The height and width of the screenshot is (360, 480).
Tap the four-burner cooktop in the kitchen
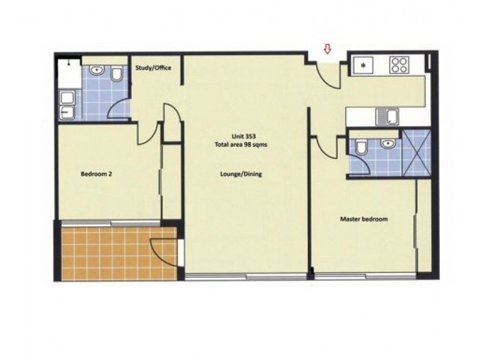399,65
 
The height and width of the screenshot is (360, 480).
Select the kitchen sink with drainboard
387,116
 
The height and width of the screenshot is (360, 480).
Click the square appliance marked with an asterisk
364,64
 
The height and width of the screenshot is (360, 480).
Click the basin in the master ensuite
388,144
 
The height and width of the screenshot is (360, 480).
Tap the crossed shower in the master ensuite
416,152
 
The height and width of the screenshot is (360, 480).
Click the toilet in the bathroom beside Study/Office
118,74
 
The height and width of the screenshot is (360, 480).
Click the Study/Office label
153,68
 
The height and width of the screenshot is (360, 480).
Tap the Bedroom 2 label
97,175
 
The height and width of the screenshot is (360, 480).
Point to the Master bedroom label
364,220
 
